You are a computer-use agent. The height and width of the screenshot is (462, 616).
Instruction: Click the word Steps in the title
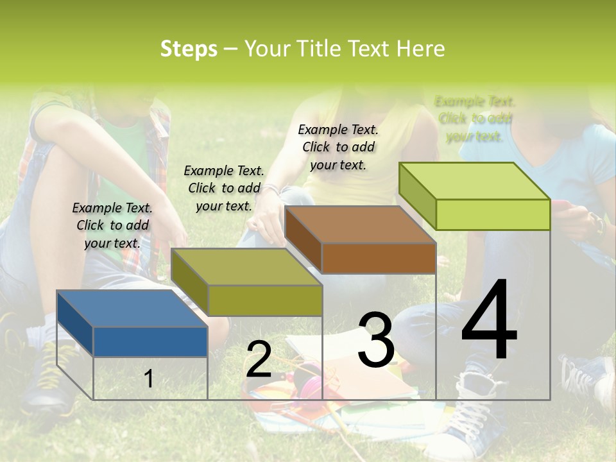click(189, 49)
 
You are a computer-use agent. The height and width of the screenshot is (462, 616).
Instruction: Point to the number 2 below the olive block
click(259, 359)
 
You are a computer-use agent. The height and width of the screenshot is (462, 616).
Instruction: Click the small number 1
click(149, 379)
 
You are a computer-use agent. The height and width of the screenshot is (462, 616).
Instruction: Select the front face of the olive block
click(265, 300)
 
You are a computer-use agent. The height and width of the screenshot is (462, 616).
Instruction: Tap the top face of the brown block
click(359, 225)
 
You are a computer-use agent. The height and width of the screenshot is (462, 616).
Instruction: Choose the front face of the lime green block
click(493, 214)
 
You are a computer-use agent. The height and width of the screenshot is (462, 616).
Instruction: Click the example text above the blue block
click(112, 225)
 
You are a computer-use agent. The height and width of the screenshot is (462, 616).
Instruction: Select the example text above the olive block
click(224, 188)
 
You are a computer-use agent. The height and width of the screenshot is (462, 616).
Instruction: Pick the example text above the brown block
click(338, 147)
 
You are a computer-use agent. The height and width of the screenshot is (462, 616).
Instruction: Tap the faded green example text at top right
click(474, 119)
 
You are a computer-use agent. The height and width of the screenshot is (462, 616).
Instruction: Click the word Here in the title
click(420, 49)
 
